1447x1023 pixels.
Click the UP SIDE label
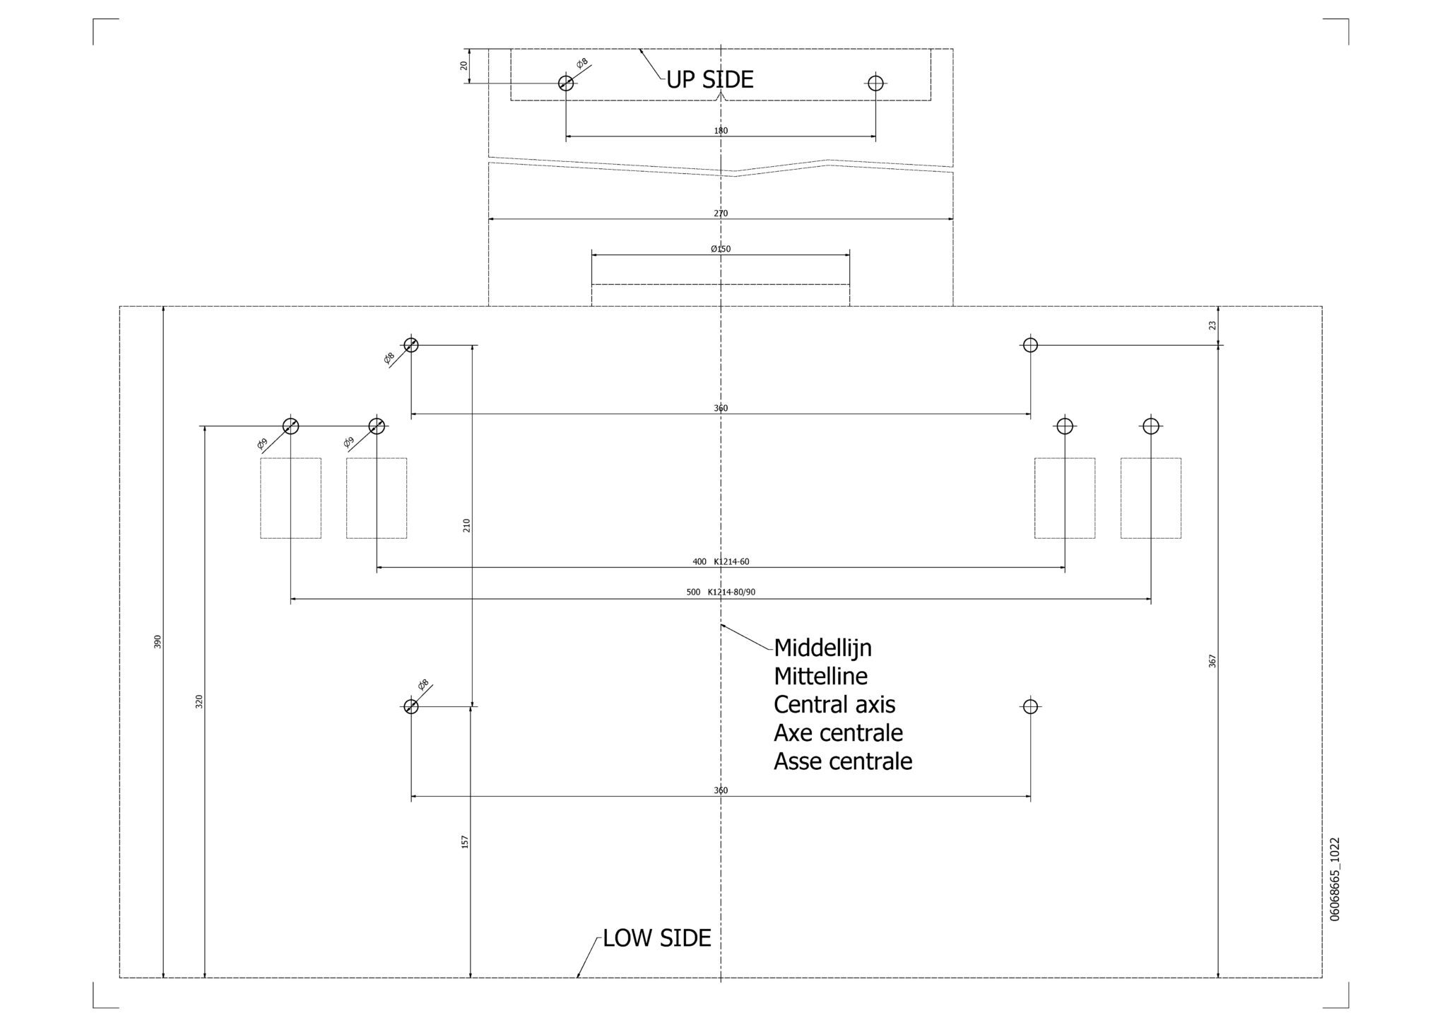(x=710, y=79)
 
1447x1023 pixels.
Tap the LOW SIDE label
(x=656, y=938)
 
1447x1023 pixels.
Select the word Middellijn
(x=822, y=648)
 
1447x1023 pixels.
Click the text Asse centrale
(x=843, y=761)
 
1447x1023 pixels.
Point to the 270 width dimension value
(x=721, y=213)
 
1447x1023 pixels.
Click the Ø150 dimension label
(x=721, y=249)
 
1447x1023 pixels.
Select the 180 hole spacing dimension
(x=721, y=131)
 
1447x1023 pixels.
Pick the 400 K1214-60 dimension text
(x=721, y=562)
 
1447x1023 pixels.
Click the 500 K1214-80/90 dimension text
(x=721, y=592)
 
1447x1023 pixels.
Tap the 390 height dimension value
(x=158, y=641)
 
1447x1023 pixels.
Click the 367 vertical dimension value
(x=1212, y=661)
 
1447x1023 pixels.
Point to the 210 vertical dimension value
(x=466, y=525)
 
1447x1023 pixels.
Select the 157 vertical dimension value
(x=465, y=841)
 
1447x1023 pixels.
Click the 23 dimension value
(x=1212, y=325)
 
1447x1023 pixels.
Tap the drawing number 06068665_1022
(x=1335, y=879)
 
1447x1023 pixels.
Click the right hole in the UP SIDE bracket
(x=875, y=83)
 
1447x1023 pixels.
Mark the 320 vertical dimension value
(x=199, y=701)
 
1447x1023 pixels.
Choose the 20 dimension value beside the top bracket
(x=463, y=65)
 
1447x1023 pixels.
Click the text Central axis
(x=834, y=705)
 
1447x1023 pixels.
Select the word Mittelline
(x=820, y=677)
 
